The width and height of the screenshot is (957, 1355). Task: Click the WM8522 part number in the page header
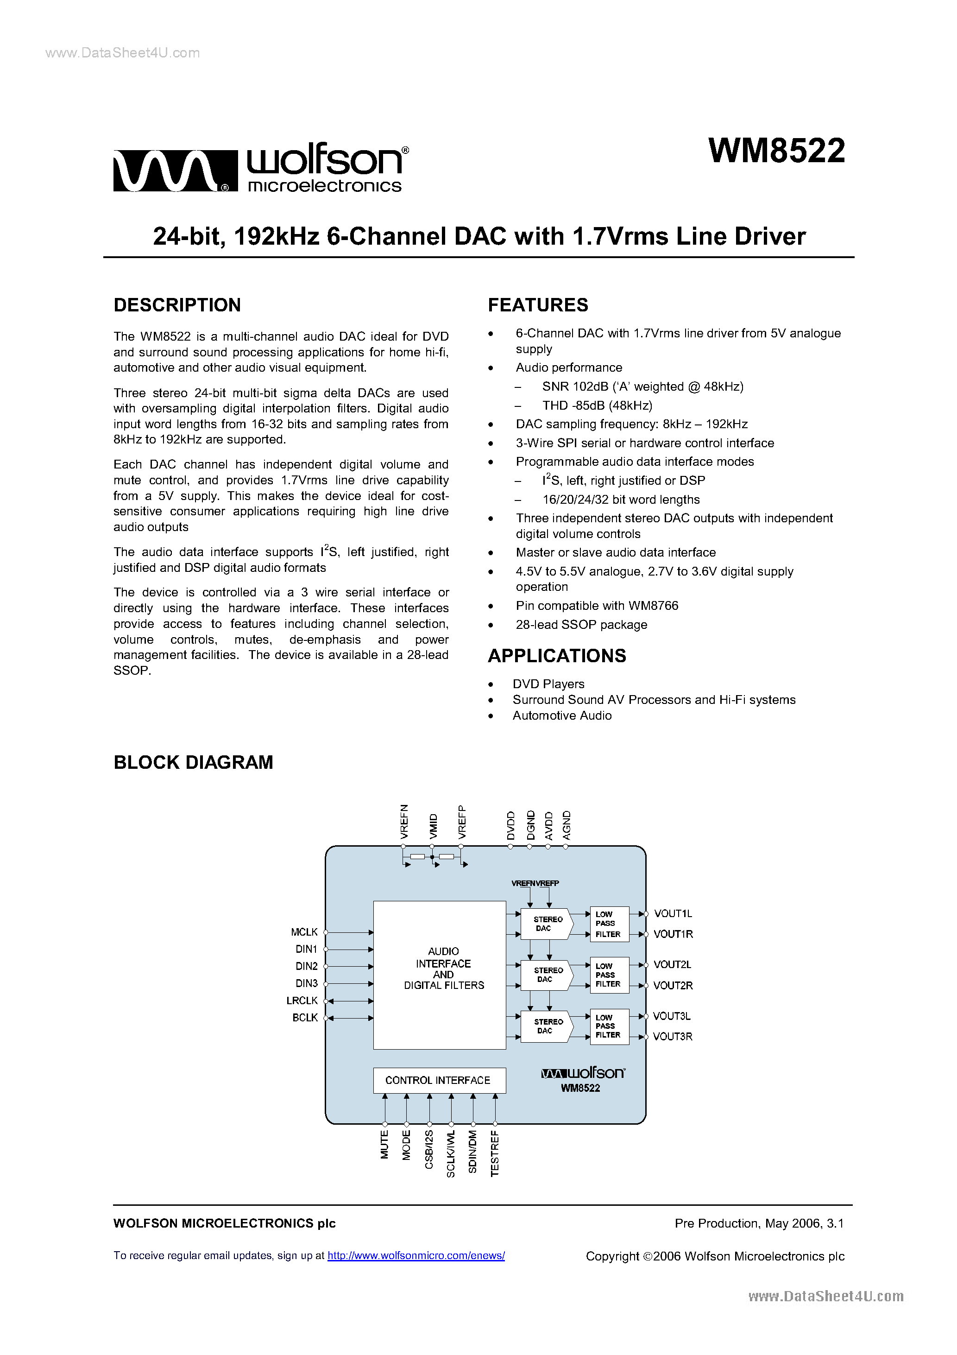click(x=776, y=151)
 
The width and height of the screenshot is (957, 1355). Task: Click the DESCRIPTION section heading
click(x=177, y=305)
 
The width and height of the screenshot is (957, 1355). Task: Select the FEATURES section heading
click(x=537, y=305)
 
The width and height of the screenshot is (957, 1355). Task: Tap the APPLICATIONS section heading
click(x=556, y=656)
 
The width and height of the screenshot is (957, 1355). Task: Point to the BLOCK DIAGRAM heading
click(x=193, y=762)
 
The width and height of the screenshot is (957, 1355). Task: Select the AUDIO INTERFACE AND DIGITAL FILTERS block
click(x=440, y=975)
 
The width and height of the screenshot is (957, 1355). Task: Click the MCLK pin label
click(x=304, y=932)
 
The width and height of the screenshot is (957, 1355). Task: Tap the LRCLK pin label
click(x=302, y=1000)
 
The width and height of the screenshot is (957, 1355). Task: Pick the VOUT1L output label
click(x=673, y=913)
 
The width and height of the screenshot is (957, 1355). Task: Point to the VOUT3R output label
click(x=673, y=1036)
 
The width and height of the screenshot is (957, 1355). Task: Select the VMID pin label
click(x=434, y=826)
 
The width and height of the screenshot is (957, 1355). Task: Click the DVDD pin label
click(x=511, y=825)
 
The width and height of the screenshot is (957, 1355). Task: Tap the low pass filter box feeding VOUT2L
click(x=609, y=975)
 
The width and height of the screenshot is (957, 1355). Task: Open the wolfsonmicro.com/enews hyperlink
click(x=416, y=1255)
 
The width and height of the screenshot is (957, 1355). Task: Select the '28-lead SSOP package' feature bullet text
click(x=581, y=624)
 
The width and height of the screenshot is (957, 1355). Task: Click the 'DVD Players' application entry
click(x=548, y=684)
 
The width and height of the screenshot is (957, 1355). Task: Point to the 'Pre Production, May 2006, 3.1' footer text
click(x=759, y=1223)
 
